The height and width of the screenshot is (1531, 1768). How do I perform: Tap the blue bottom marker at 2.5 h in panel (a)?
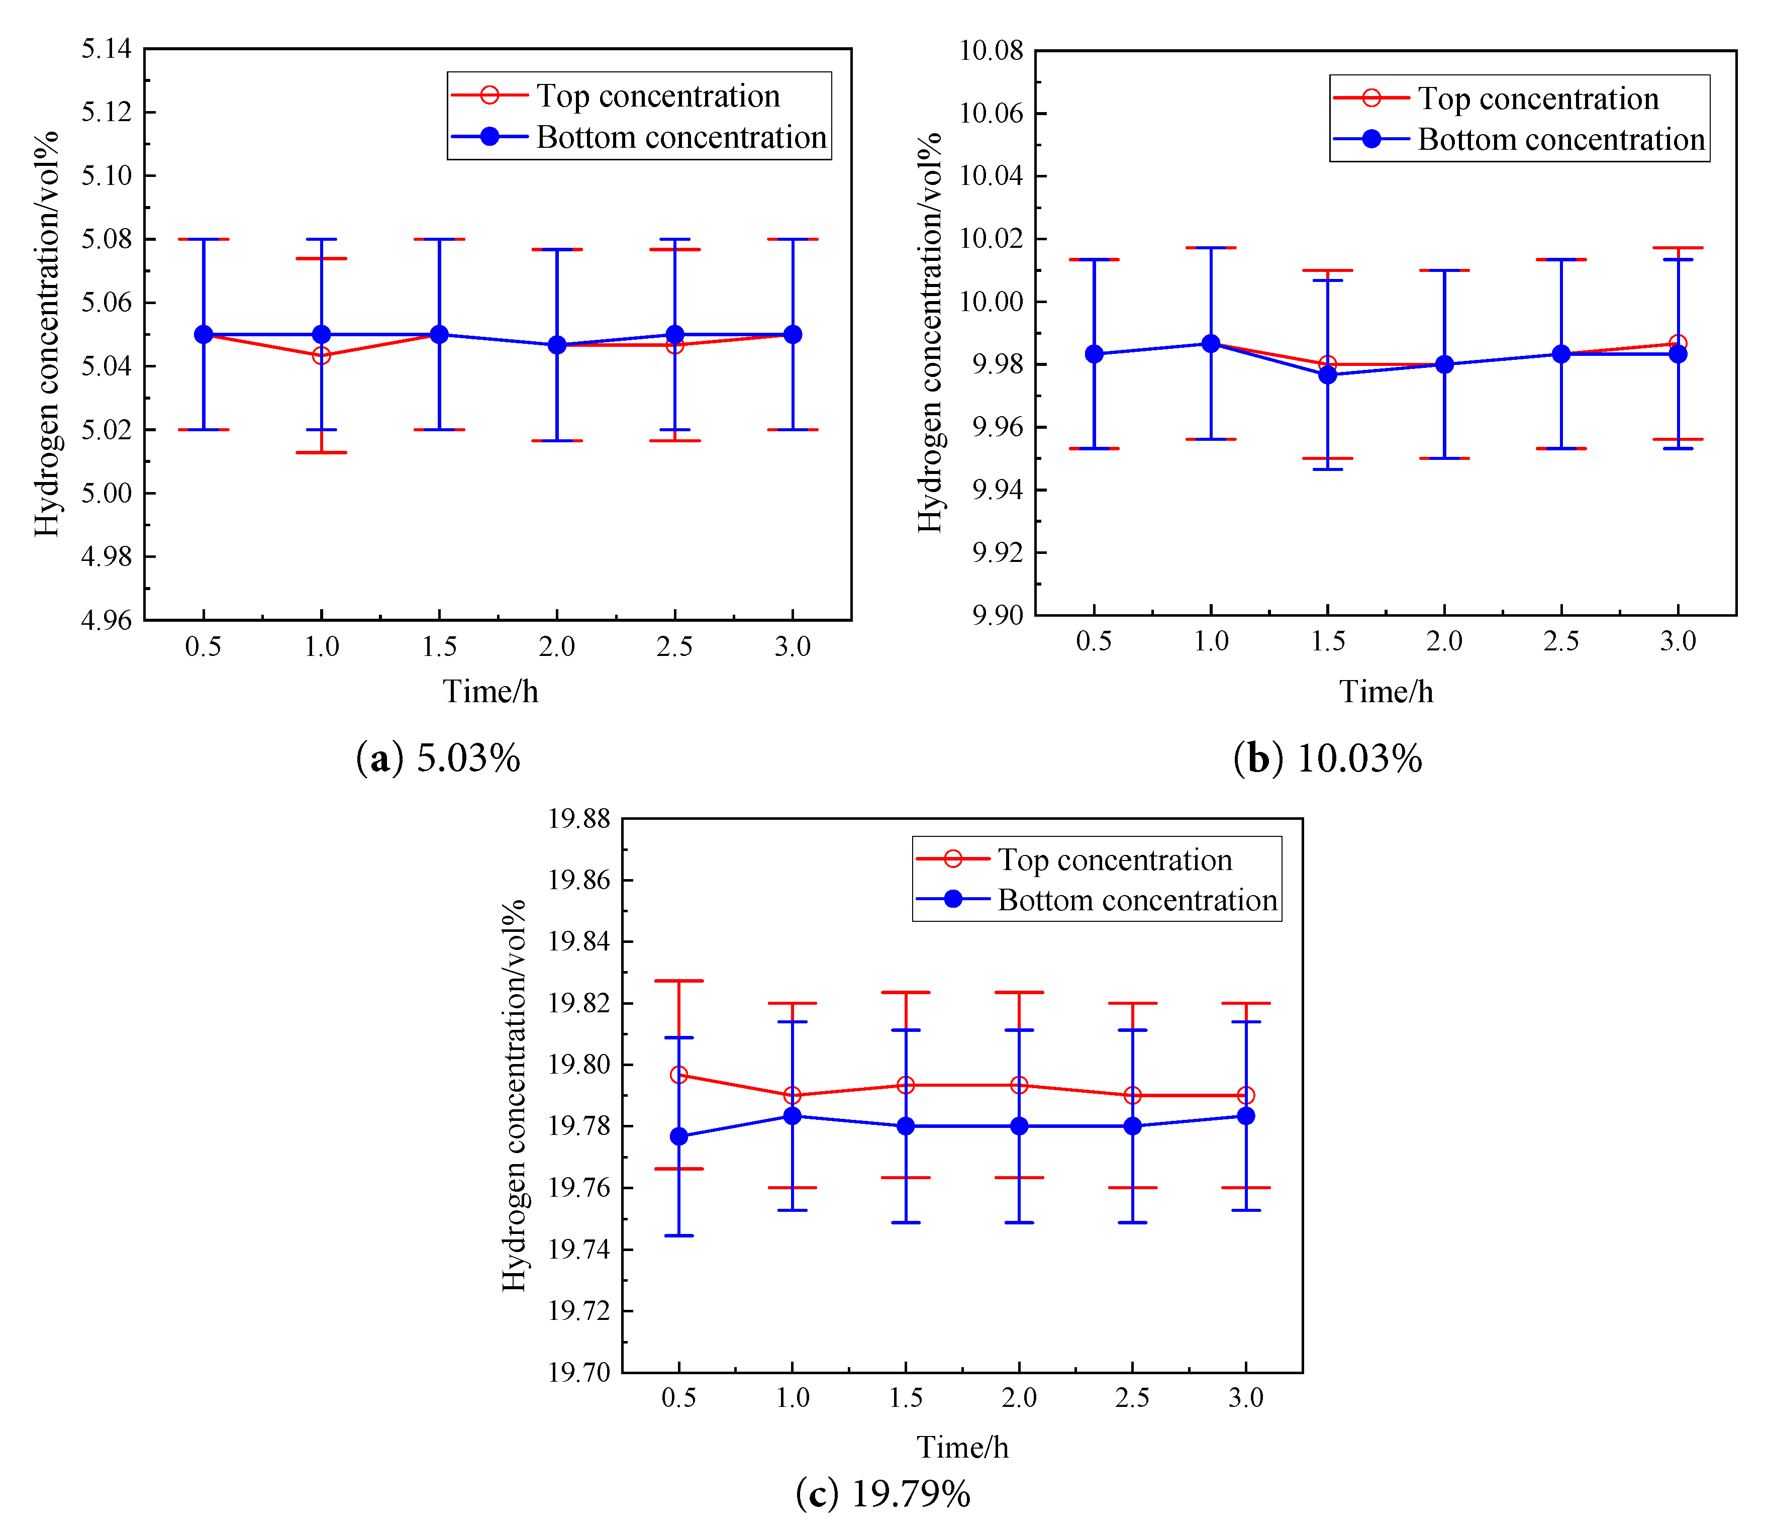675,334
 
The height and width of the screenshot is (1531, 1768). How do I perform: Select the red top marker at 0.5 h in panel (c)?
679,1075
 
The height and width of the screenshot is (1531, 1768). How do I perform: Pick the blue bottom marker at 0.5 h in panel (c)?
679,1136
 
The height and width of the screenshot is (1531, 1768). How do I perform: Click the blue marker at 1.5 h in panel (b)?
1327,374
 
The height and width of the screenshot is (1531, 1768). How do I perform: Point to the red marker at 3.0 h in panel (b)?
1678,343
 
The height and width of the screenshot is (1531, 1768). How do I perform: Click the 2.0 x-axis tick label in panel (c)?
1019,1398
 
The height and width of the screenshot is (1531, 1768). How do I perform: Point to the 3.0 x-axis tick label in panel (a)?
793,647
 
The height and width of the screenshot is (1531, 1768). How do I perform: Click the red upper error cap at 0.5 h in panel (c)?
679,981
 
